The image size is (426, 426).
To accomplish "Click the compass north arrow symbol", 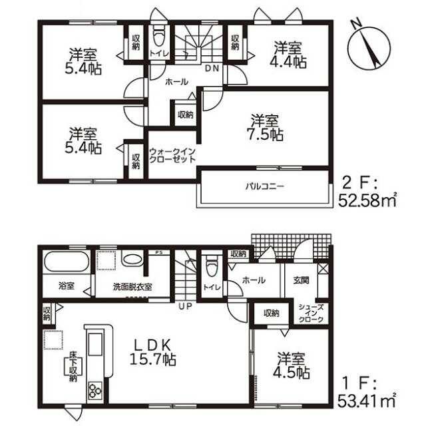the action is coord(369,47).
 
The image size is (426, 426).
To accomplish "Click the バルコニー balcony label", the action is coord(265,186).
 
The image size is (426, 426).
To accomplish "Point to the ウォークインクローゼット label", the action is coord(172,155).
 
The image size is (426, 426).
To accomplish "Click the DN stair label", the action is coord(212,69).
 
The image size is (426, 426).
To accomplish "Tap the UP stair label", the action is coord(185,306).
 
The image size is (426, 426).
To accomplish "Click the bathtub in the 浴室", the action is coord(67,262).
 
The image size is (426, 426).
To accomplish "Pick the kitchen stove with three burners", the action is coord(95,391).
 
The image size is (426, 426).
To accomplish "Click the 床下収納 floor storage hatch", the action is coord(73,367).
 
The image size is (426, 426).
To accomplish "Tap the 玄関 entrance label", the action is coord(301,280).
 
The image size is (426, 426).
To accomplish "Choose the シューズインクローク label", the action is coord(311,314).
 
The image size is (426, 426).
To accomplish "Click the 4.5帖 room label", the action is coord(291,365).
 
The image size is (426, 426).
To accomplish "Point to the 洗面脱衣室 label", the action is coord(132,287).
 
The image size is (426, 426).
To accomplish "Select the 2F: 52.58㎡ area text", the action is coord(367,193).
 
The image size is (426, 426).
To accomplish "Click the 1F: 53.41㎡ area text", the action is coord(366,393).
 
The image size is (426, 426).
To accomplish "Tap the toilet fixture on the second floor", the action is coord(159,37).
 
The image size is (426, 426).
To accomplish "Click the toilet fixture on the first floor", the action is coord(212,265).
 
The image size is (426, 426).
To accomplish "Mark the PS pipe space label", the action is coord(158,252).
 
